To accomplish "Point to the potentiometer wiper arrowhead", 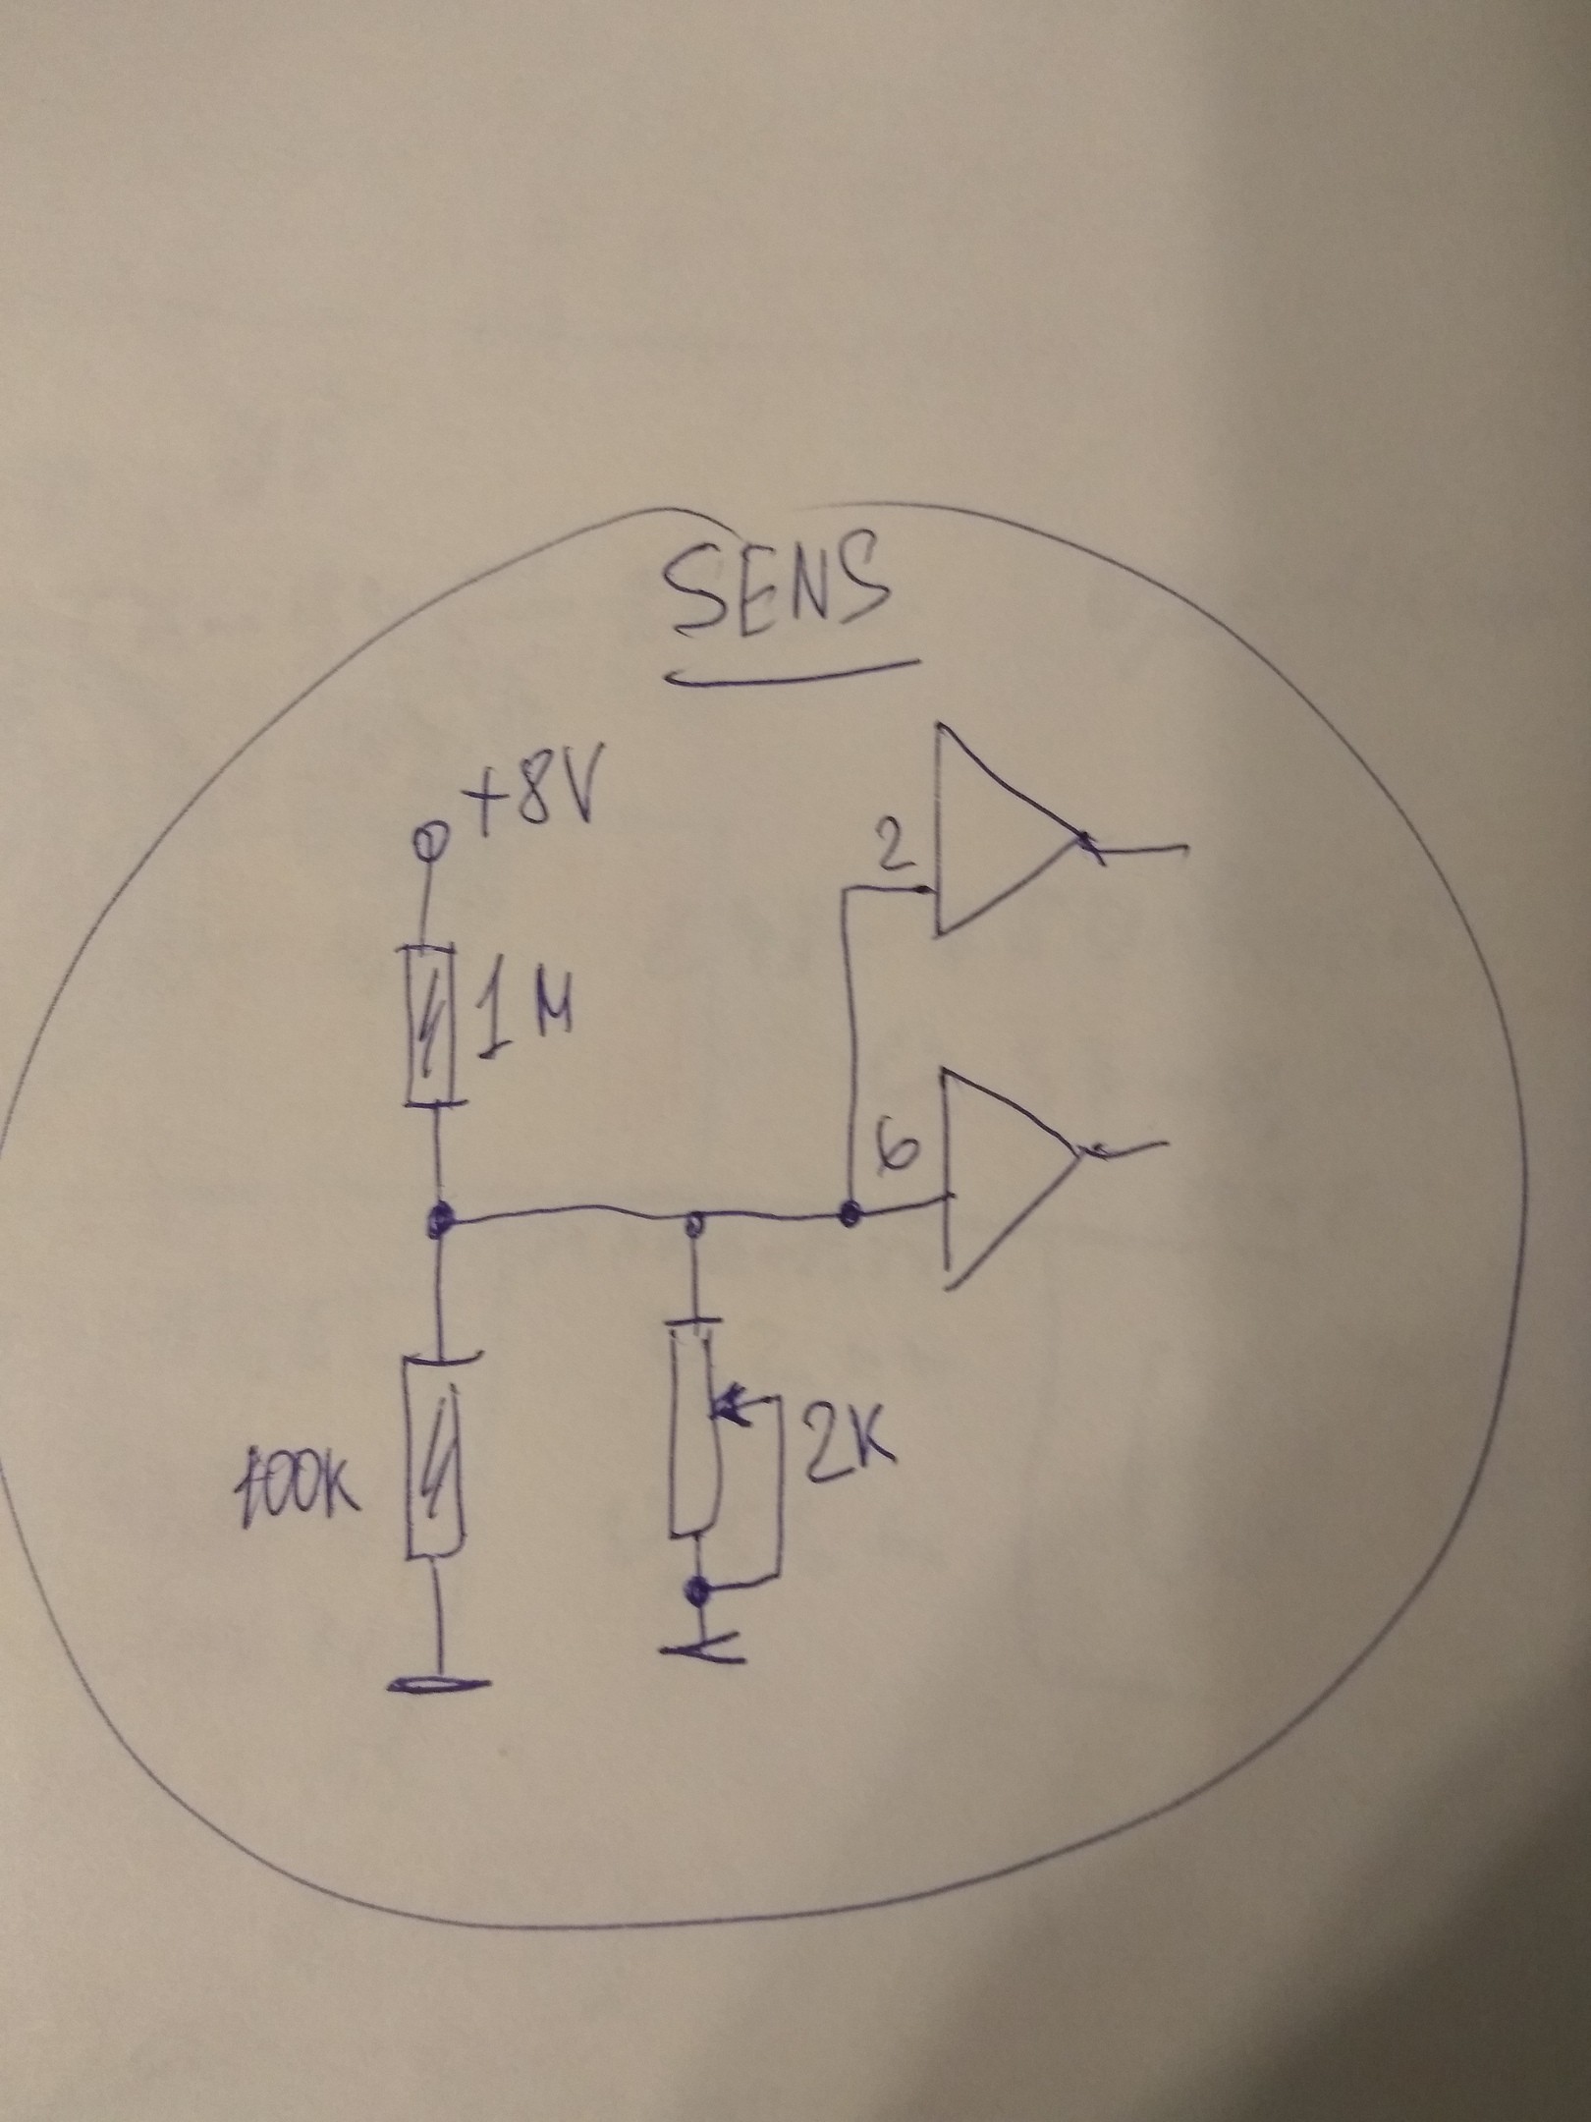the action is coord(727,1407).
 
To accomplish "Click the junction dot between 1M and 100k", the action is coord(438,1223).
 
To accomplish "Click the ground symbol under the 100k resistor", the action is coord(438,1685).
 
